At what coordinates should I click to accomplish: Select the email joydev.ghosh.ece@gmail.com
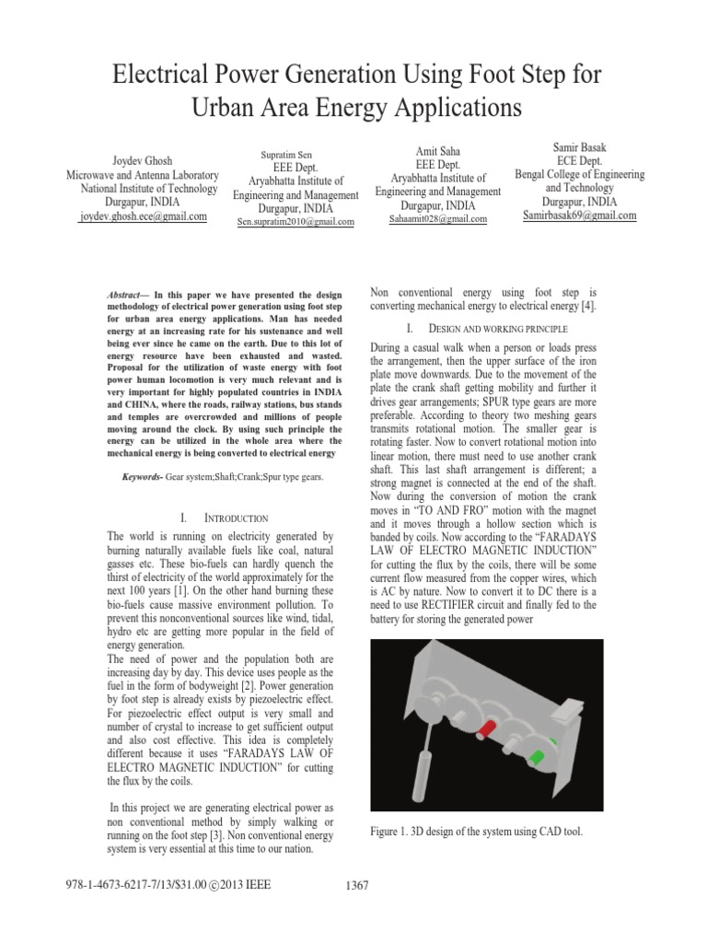(x=143, y=216)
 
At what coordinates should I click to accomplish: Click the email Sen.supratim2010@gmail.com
(x=296, y=222)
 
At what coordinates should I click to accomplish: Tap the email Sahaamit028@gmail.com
(x=438, y=219)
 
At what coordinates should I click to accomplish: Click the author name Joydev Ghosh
(x=143, y=160)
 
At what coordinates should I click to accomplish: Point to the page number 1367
(x=355, y=886)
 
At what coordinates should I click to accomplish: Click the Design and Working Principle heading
(x=498, y=328)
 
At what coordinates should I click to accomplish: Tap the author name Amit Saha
(x=438, y=150)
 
